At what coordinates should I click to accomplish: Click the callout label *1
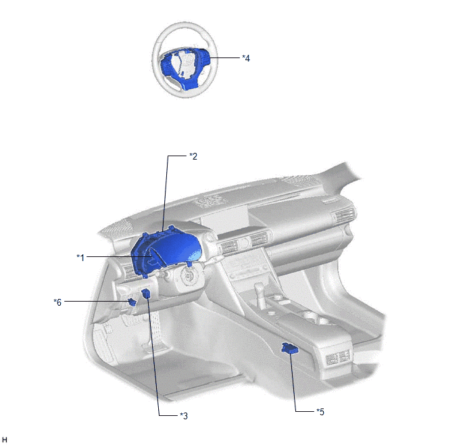(80, 258)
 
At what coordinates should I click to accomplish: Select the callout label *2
(193, 156)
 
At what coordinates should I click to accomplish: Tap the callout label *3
(184, 416)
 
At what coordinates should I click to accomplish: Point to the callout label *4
(246, 58)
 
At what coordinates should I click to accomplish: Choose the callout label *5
(320, 411)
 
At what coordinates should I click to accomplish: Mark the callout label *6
(57, 302)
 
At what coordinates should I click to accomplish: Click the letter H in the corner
(5, 440)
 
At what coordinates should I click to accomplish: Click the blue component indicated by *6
(132, 302)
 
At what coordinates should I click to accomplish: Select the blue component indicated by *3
(146, 294)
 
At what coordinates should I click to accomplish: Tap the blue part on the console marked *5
(290, 348)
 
